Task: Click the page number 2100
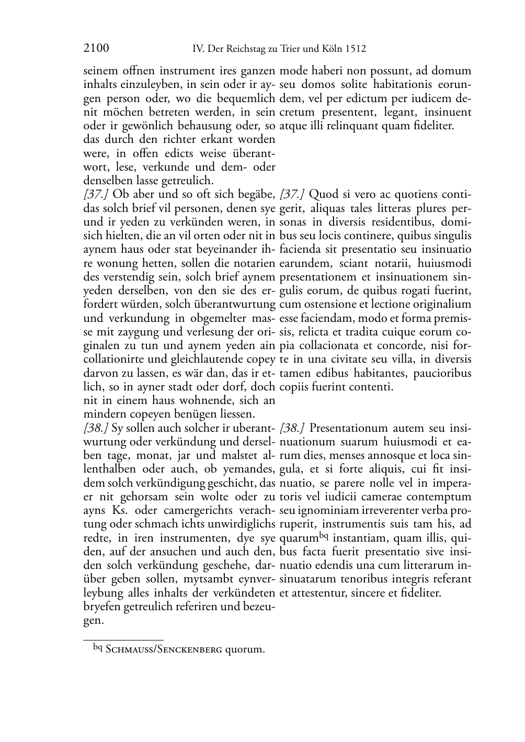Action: point(96,49)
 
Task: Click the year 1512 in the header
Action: point(356,49)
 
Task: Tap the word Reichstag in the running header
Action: point(249,49)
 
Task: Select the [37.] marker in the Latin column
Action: point(292,195)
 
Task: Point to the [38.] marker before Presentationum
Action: point(292,428)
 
